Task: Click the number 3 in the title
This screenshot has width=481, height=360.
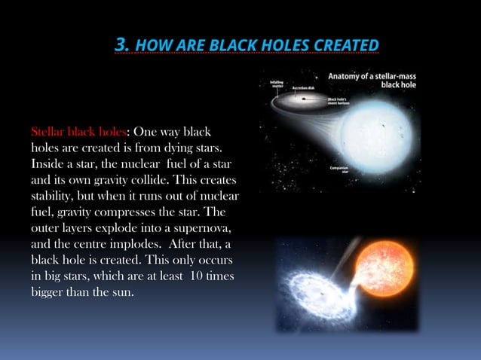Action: coord(121,47)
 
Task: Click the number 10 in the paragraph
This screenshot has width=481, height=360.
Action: coord(196,276)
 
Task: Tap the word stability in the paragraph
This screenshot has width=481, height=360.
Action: coord(55,197)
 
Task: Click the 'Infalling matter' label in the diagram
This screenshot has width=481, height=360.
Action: coord(277,84)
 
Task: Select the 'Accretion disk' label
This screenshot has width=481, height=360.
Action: coord(308,87)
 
